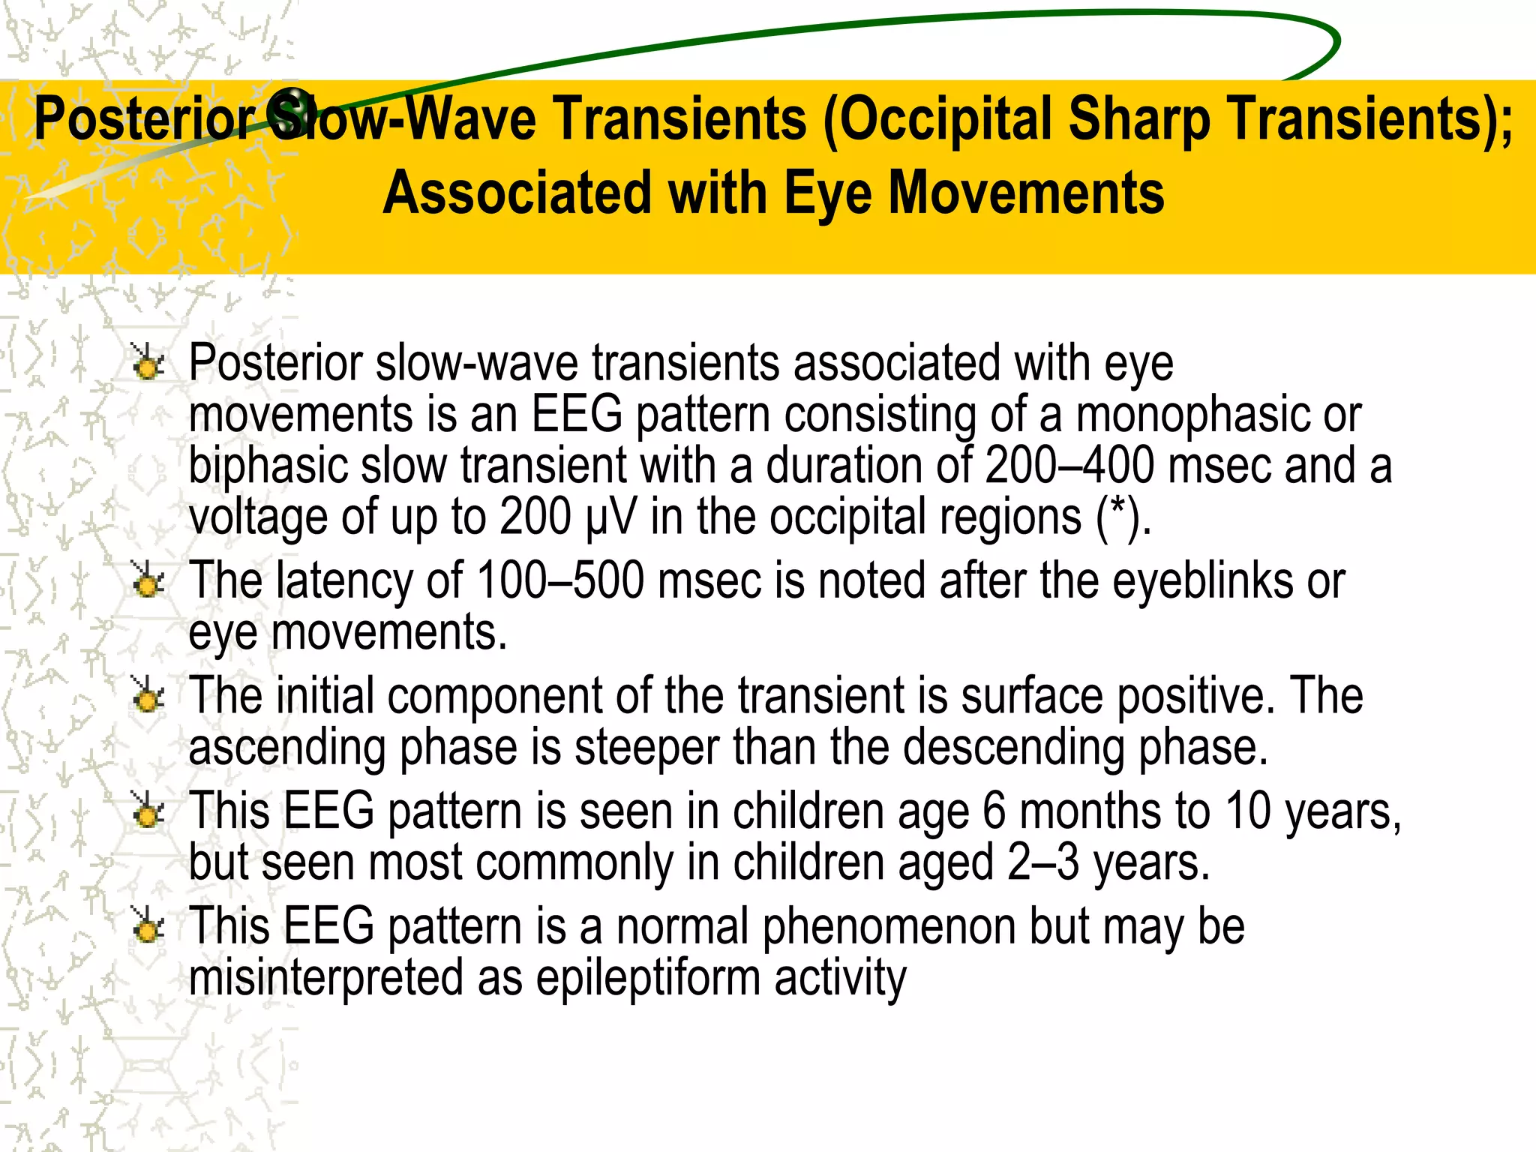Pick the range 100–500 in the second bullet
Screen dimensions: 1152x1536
tap(560, 581)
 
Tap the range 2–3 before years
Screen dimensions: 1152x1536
tap(1043, 863)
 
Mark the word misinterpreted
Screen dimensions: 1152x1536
tap(325, 979)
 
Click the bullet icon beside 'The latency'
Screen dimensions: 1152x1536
tap(148, 580)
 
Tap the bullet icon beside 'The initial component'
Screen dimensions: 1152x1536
tap(148, 696)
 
